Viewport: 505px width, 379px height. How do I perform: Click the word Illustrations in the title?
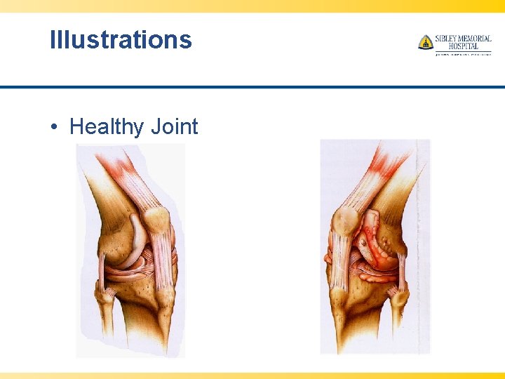[121, 39]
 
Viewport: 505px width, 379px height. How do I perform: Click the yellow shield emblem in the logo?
[425, 42]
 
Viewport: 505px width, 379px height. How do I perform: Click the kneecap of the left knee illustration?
[156, 220]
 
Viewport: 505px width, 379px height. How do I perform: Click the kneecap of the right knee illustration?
[344, 222]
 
